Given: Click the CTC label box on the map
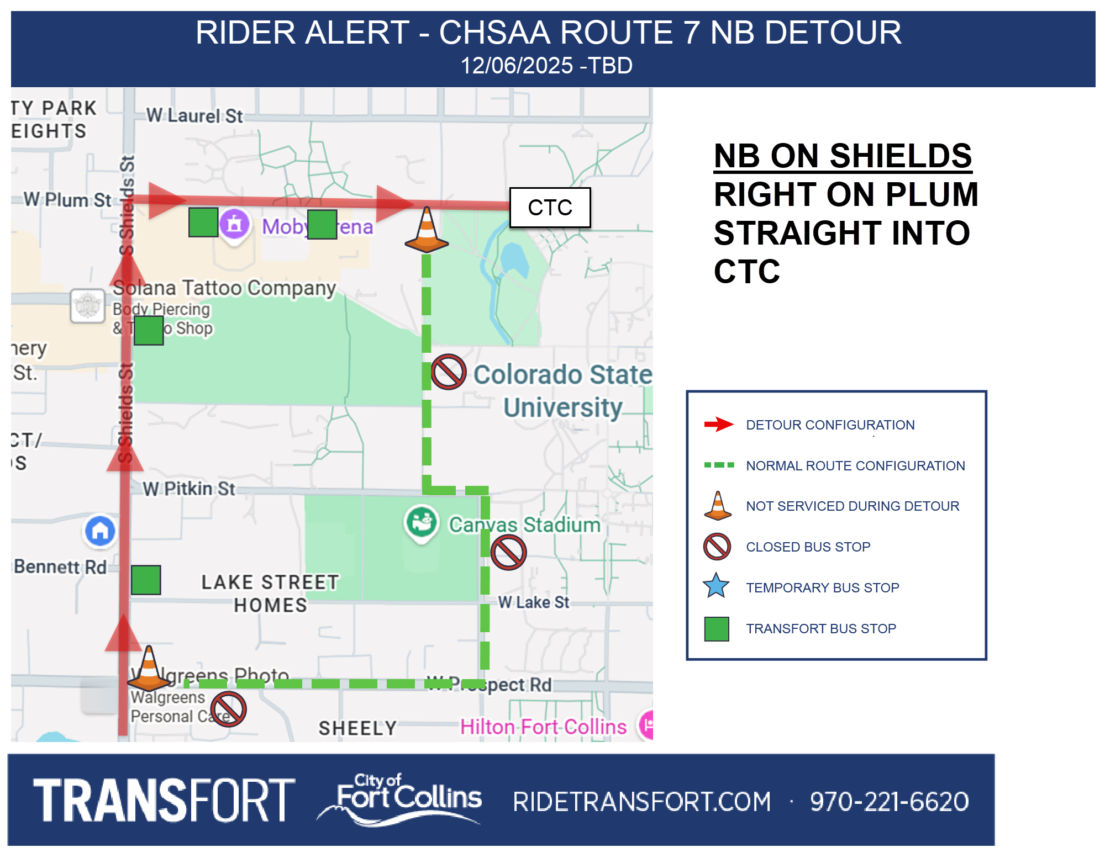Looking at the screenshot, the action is tap(550, 208).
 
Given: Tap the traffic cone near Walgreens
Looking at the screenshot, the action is tap(149, 670).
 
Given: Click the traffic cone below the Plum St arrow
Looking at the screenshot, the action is tap(427, 231).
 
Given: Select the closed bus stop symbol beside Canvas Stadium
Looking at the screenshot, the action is tap(508, 552).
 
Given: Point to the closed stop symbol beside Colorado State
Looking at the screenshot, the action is tap(449, 372).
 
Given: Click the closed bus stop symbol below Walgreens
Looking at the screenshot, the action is tap(228, 709).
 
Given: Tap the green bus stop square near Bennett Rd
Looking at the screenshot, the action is tap(146, 580).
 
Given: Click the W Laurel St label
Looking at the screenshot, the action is tap(194, 116).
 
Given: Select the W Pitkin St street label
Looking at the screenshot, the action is tap(189, 489).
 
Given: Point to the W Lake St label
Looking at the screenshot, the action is tap(533, 602).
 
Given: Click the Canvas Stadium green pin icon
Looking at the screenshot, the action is tap(422, 522).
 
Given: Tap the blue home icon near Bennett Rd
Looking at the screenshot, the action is tap(100, 531).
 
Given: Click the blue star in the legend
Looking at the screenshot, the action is tap(717, 586).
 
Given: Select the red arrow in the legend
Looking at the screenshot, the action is tap(718, 424).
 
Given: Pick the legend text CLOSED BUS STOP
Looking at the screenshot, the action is tap(808, 547).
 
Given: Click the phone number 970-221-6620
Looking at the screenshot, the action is tap(889, 802).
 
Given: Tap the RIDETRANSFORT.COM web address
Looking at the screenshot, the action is tap(641, 802).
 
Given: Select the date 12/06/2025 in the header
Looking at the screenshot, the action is tap(517, 66).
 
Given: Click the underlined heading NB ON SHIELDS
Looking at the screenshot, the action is tap(843, 156).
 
